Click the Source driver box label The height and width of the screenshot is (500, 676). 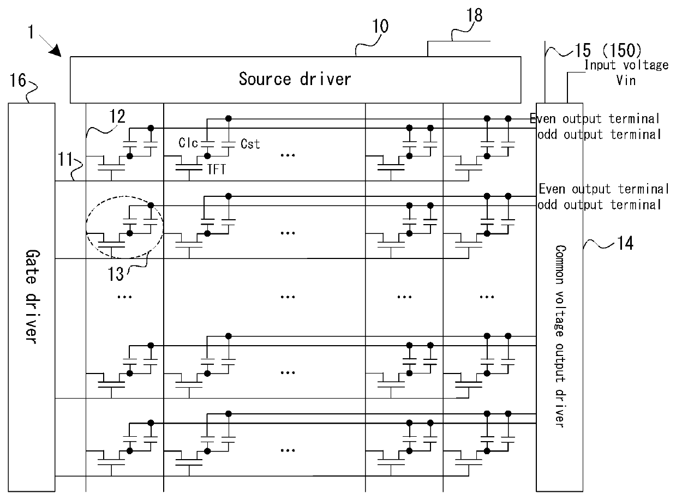click(295, 79)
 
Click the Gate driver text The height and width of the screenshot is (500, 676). click(32, 297)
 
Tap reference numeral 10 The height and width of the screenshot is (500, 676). click(380, 26)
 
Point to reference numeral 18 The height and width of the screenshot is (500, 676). click(475, 15)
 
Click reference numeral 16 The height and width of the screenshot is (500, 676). click(18, 81)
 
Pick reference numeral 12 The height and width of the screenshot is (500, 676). click(117, 116)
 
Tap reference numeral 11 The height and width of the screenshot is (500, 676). click(65, 159)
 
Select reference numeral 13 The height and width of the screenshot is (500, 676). click(116, 274)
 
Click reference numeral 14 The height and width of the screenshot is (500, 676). click(625, 243)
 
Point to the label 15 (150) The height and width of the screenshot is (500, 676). click(608, 50)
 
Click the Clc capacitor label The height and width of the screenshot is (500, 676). click(188, 143)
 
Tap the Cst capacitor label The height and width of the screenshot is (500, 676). click(250, 144)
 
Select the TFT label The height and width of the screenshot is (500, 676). click(217, 169)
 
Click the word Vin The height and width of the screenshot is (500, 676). click(626, 81)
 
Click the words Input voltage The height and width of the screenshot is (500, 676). click(626, 65)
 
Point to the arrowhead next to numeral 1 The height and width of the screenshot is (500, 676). click(56, 51)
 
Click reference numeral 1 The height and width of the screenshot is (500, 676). click(31, 32)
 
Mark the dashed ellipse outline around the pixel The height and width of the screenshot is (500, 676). click(86, 227)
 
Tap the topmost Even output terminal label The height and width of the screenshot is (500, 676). click(595, 118)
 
